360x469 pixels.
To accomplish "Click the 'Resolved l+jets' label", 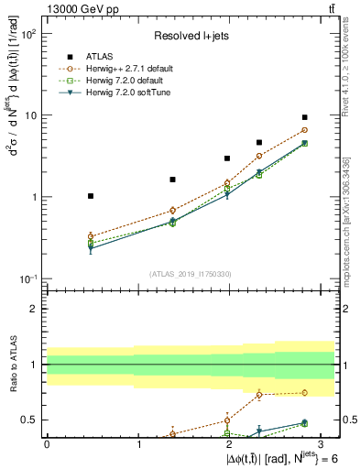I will (190, 37).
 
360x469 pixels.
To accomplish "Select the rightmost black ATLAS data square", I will (304, 117).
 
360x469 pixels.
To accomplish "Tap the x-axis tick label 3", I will (320, 443).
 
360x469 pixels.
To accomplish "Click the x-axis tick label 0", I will (47, 443).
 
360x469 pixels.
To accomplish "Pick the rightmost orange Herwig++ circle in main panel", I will (304, 130).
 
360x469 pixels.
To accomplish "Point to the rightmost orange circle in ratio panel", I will (304, 393).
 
